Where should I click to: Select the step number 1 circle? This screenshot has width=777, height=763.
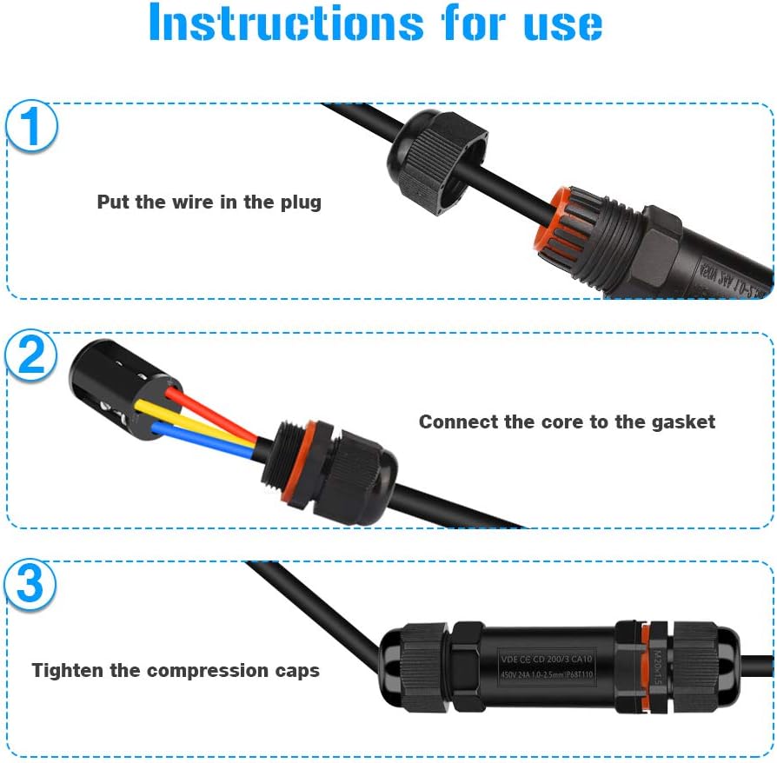pos(31,126)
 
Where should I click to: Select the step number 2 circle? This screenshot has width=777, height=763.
pos(31,355)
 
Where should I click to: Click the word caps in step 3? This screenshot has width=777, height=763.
pos(295,671)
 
